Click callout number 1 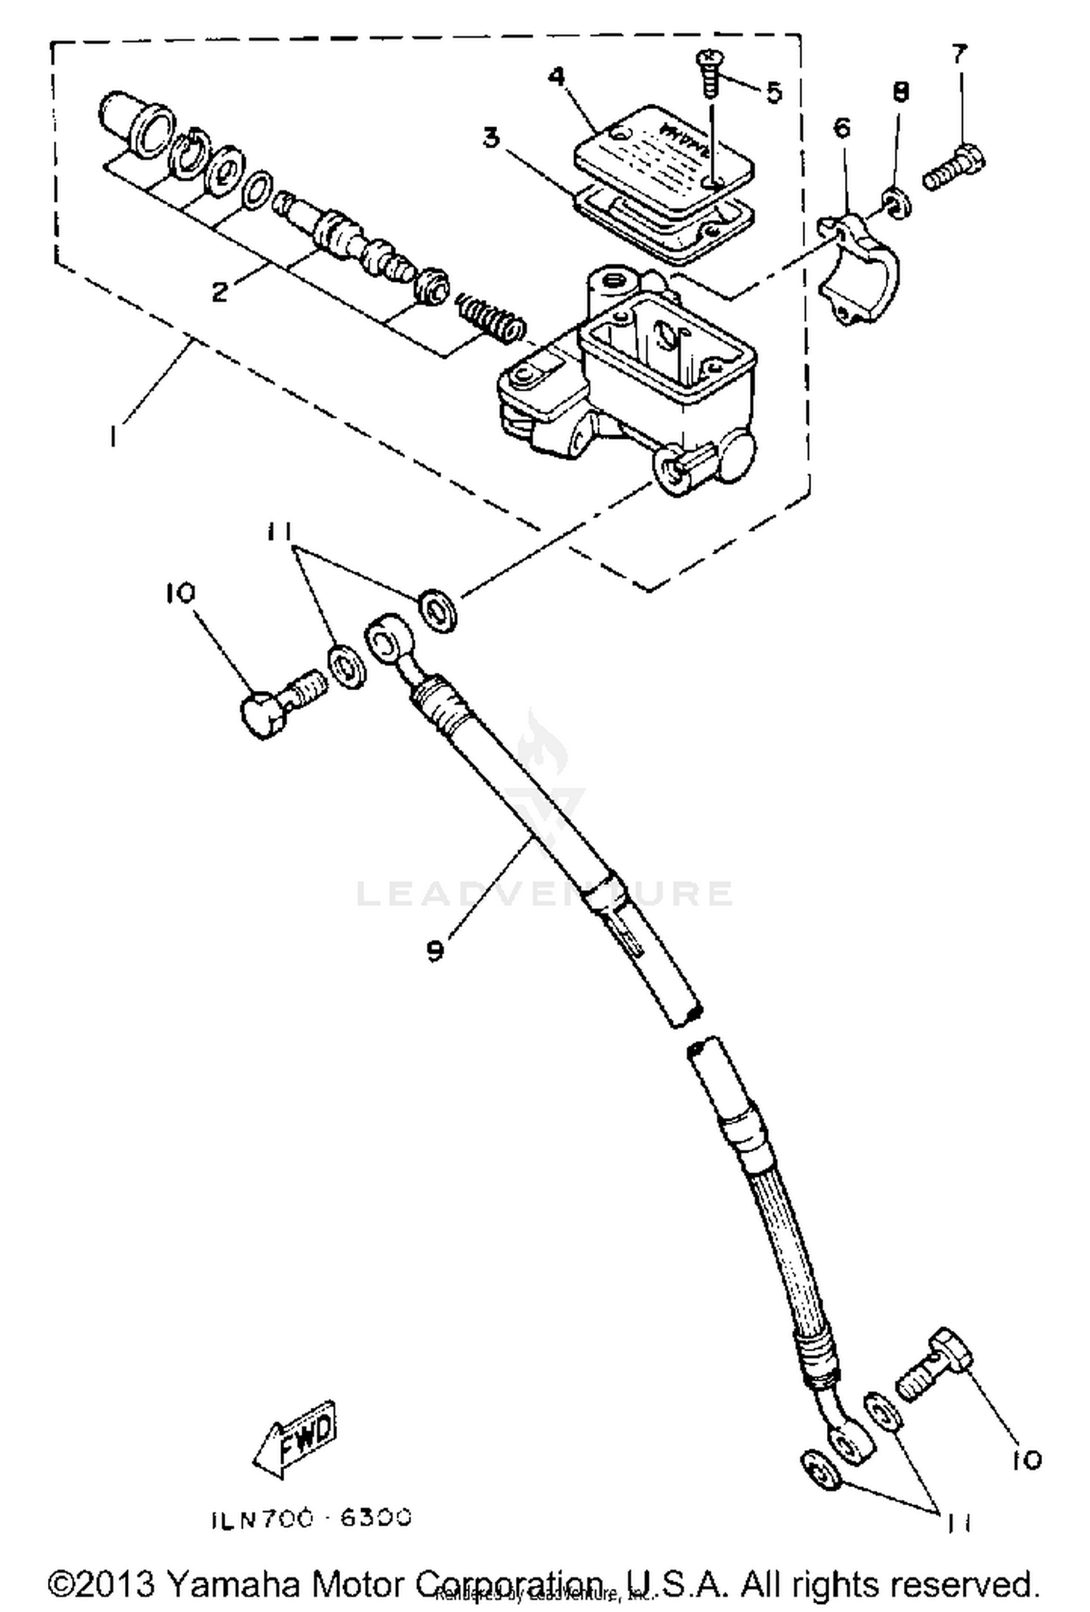(113, 436)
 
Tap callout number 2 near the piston (219, 292)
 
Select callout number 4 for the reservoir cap (556, 77)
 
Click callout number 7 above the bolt (959, 54)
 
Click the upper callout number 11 (279, 532)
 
